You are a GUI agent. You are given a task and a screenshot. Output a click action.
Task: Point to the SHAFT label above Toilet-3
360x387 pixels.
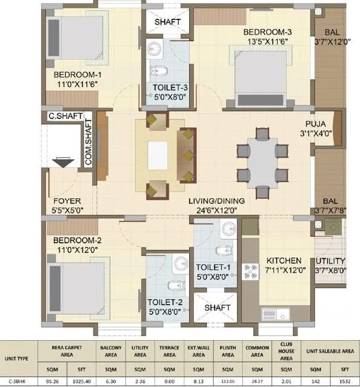click(x=168, y=22)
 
